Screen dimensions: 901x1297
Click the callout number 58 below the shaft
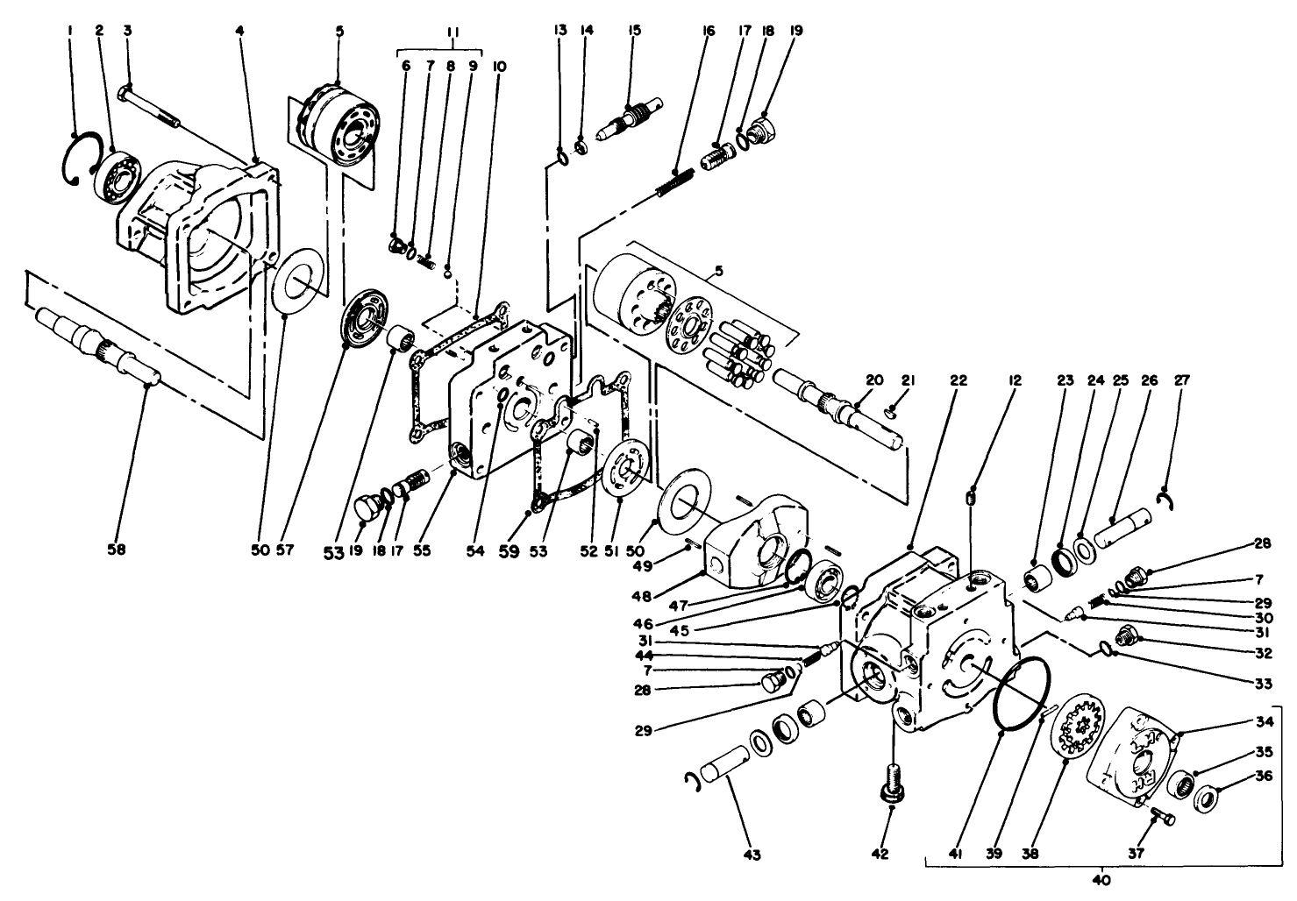click(116, 550)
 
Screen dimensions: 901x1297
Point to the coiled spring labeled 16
click(675, 181)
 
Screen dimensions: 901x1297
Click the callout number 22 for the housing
click(958, 380)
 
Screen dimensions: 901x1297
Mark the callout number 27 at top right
click(1182, 380)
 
